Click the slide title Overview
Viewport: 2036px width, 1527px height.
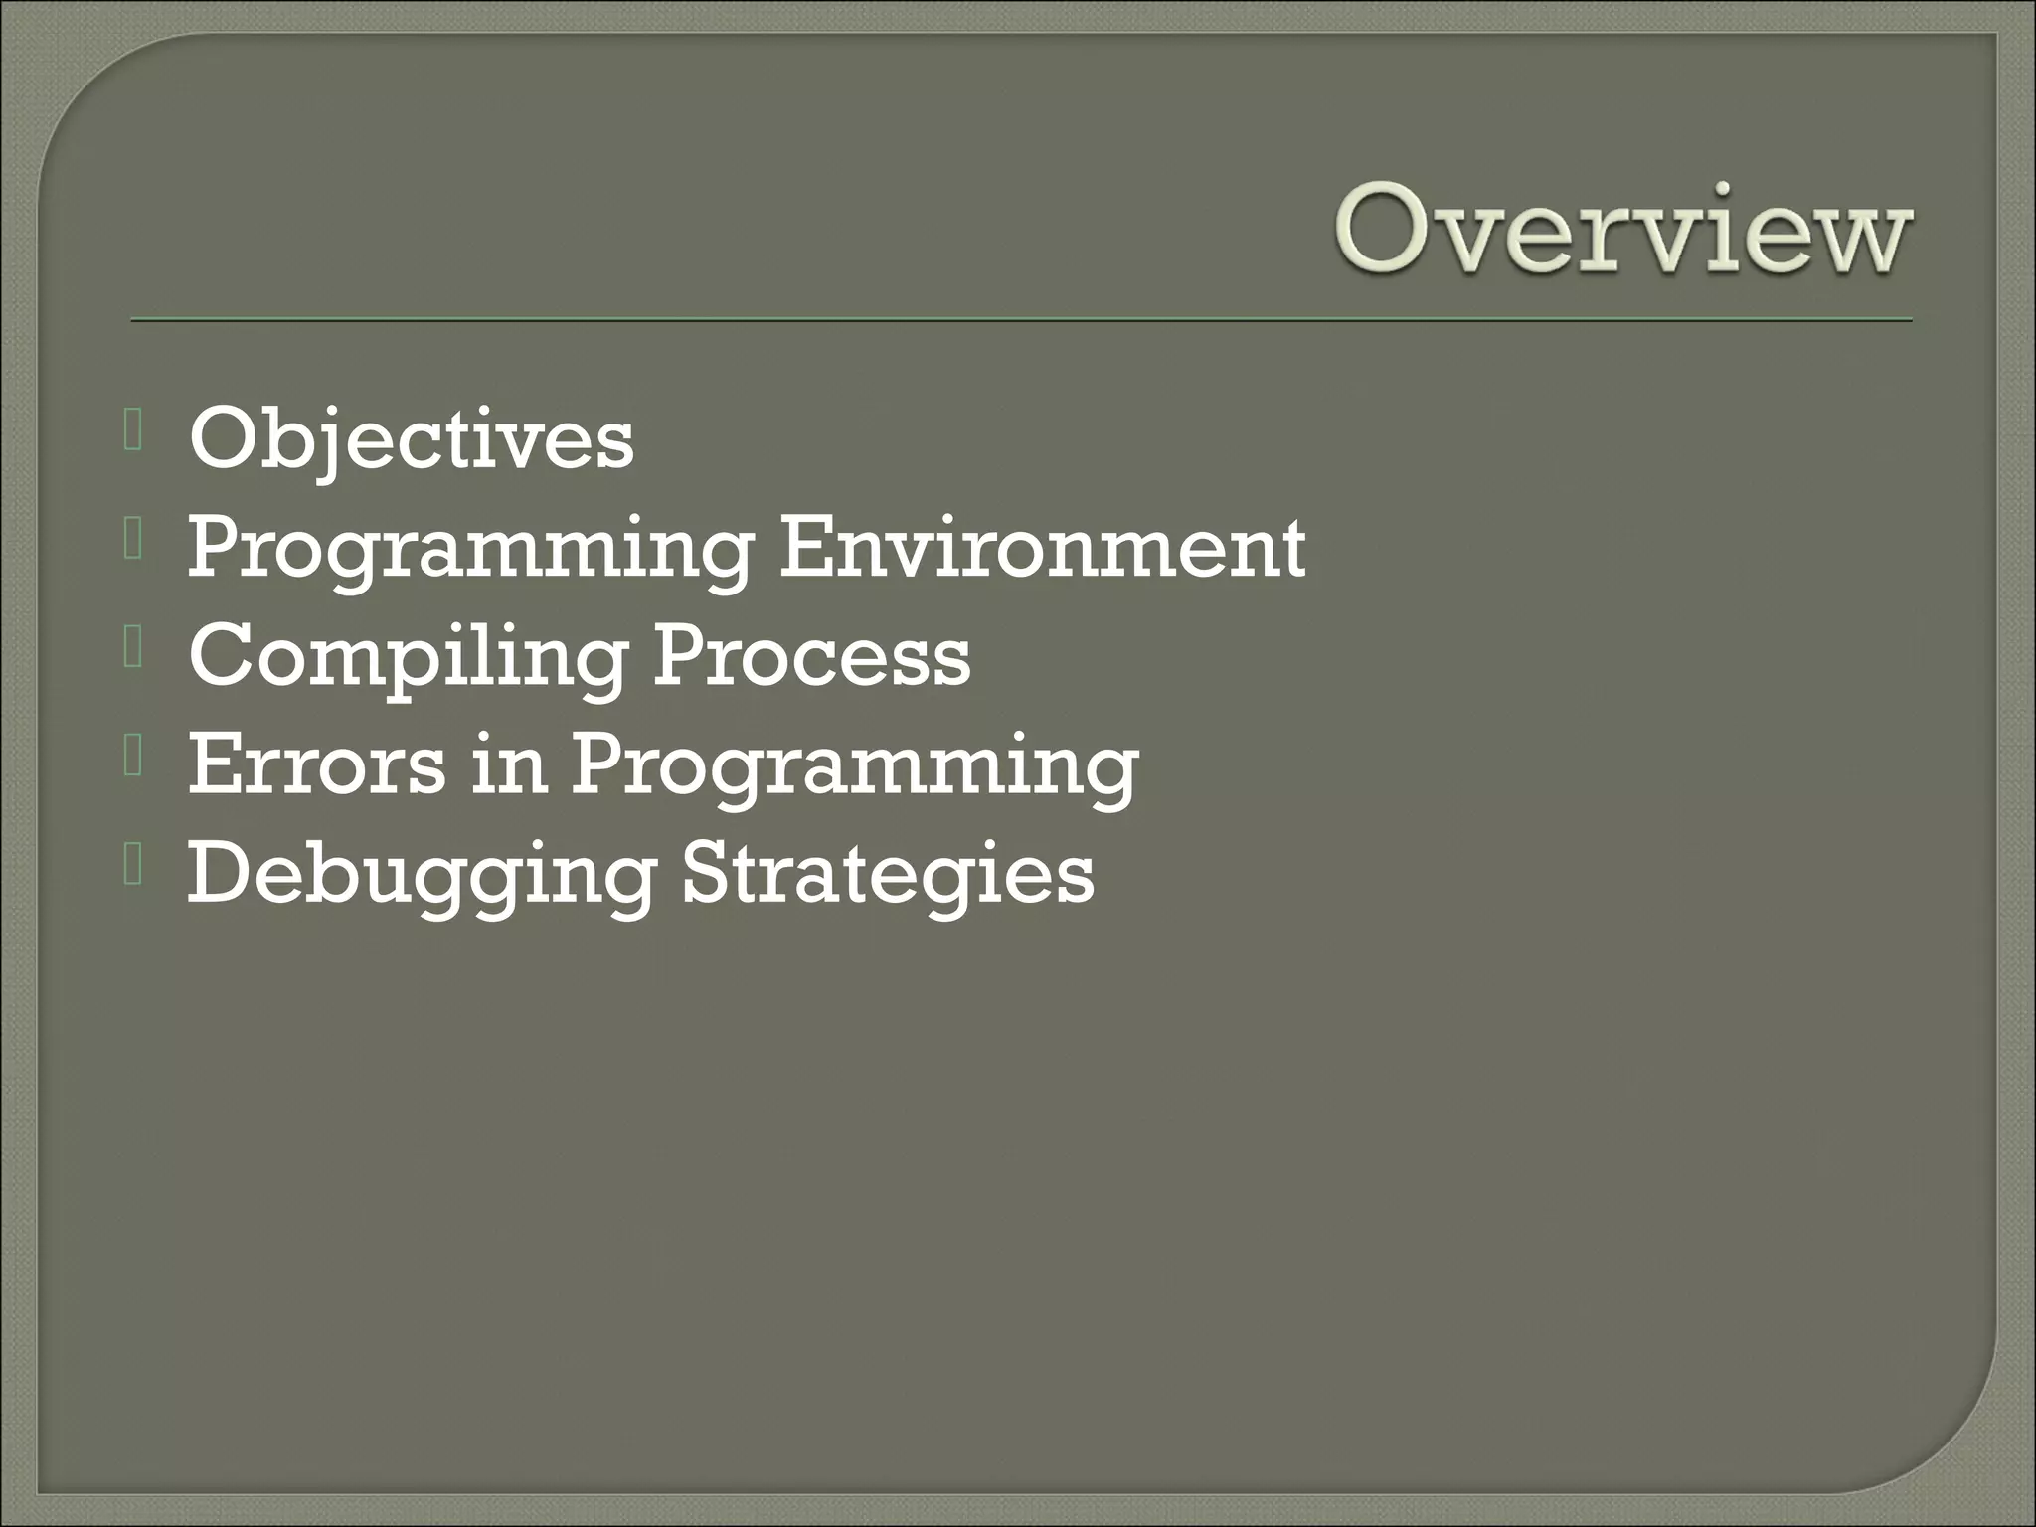[1622, 231]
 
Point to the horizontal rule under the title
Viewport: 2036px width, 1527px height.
[1021, 321]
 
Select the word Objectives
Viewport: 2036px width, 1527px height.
[411, 440]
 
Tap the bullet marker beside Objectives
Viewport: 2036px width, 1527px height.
[135, 433]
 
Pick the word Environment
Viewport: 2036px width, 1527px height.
[1041, 548]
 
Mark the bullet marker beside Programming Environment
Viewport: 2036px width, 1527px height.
[135, 543]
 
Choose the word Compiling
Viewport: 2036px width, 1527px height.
[408, 659]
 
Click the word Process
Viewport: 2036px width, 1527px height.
[811, 657]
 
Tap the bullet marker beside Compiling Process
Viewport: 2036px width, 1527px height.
[135, 651]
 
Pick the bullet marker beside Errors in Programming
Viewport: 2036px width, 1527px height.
[135, 761]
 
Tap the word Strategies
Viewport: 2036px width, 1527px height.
[889, 875]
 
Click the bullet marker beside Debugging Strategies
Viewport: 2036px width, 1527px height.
[135, 869]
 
